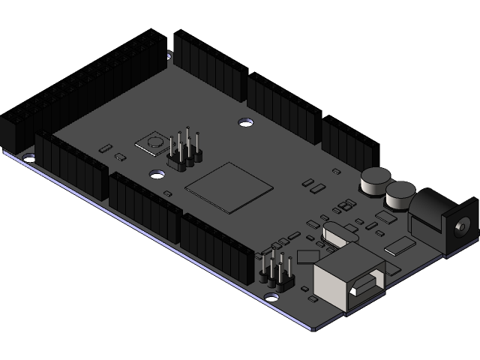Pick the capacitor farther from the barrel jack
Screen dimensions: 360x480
(x=374, y=181)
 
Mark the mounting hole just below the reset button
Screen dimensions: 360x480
(x=157, y=174)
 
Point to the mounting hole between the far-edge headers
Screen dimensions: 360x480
(x=245, y=120)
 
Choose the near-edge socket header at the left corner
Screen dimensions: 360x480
(x=71, y=166)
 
